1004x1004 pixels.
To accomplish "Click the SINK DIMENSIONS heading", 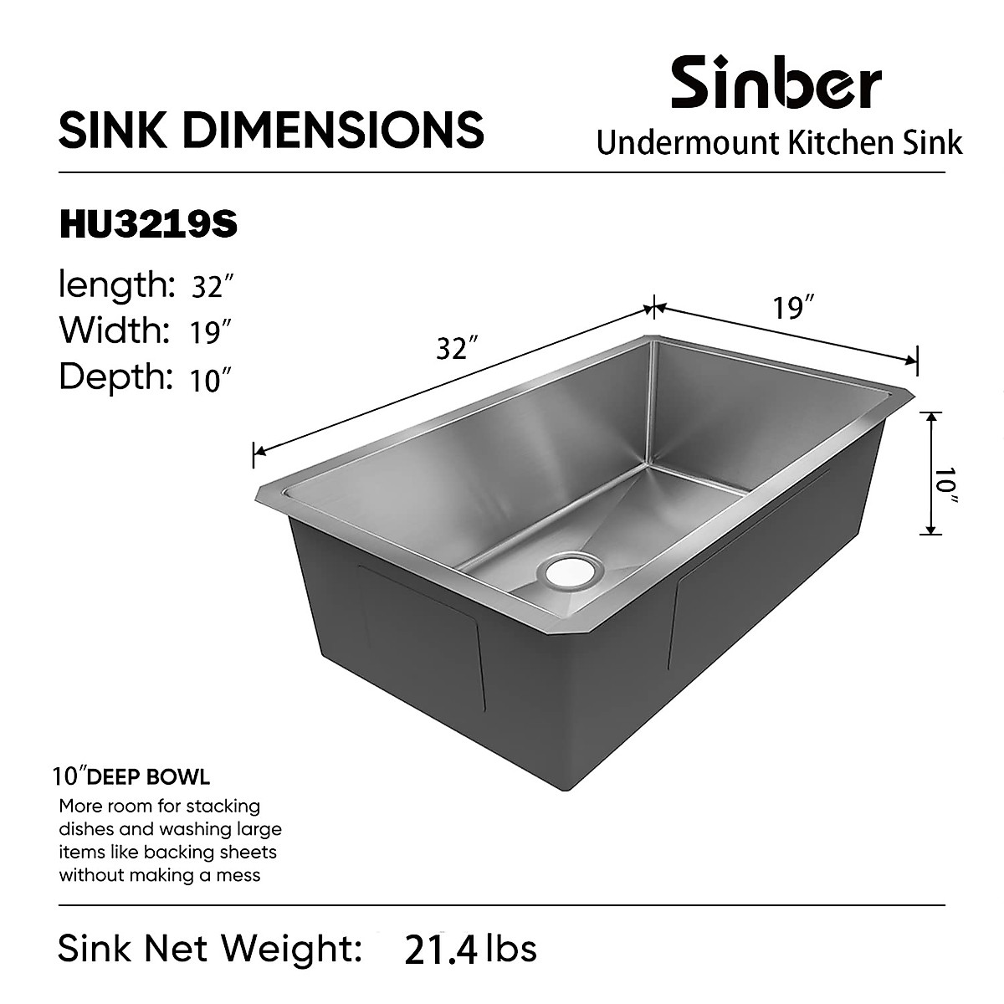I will point(271,130).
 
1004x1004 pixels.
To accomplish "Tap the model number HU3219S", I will point(148,225).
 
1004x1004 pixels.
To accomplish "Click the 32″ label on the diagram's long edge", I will point(457,346).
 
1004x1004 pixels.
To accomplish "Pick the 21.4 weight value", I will point(440,950).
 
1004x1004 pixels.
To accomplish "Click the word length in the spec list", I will point(115,285).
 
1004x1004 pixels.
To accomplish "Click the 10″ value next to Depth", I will point(209,381).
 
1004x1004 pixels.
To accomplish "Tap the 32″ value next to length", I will point(210,288).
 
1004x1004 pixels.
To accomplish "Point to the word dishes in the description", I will point(88,829).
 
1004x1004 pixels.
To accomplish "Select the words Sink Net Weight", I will point(209,948).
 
